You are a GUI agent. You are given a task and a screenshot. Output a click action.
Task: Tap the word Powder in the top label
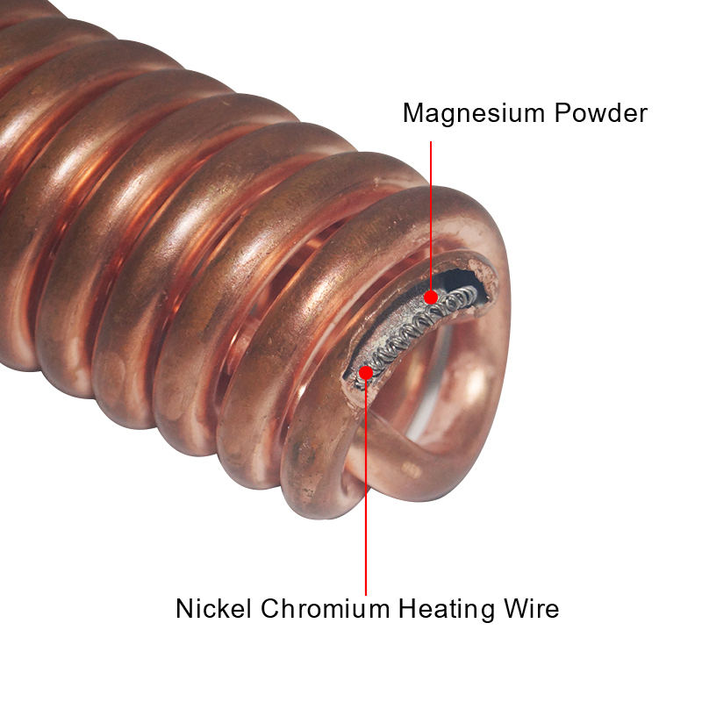(x=601, y=113)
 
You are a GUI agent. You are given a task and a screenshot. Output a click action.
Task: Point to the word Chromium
(x=324, y=607)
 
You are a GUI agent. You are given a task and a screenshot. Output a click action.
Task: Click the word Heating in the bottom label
(x=452, y=609)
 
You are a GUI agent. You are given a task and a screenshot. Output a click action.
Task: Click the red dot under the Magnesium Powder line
(x=431, y=297)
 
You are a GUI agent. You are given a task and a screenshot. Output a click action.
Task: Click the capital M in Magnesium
(x=412, y=113)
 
